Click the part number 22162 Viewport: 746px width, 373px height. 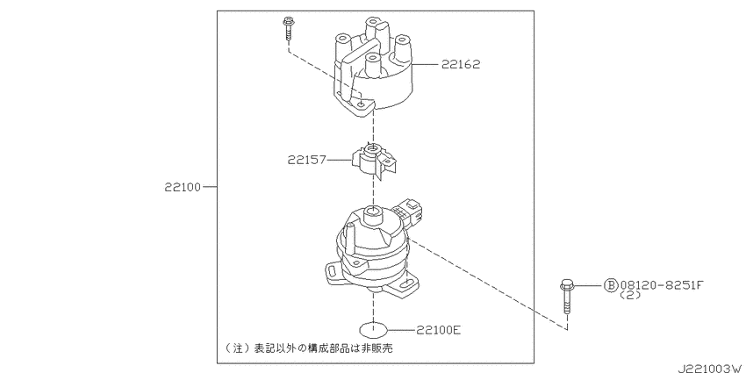[461, 64]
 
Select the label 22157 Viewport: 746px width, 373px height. [306, 160]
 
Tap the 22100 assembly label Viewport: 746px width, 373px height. [183, 187]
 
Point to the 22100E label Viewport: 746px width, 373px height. [439, 329]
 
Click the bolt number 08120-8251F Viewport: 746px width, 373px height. [661, 285]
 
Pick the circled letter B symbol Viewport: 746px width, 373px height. [611, 285]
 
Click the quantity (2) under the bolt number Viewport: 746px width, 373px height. [630, 295]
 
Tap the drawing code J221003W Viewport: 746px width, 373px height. [710, 369]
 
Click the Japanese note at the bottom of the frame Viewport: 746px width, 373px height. [309, 348]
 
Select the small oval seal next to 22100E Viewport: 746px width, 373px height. [373, 329]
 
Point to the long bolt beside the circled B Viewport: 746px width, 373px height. [566, 298]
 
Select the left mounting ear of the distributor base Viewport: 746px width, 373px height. [334, 270]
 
